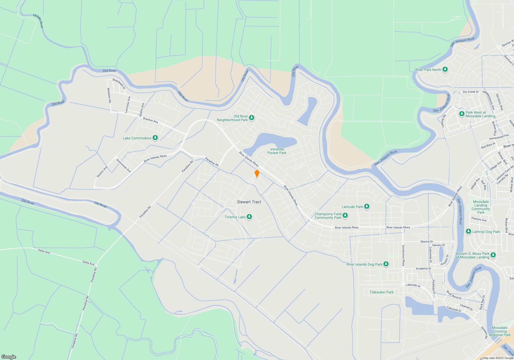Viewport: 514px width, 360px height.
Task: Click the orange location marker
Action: tap(257, 173)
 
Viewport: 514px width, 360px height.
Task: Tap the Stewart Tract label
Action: tap(249, 202)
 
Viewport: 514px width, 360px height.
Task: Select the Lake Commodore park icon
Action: tap(155, 138)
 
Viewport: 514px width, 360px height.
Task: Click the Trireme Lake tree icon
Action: tap(249, 217)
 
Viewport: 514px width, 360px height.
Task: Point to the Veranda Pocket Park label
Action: tap(277, 151)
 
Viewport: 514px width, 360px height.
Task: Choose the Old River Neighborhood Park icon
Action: tap(252, 118)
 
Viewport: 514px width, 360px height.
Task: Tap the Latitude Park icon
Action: tap(367, 206)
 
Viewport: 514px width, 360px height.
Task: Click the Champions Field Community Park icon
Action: tap(345, 215)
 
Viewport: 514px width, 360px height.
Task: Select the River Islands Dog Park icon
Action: tap(386, 264)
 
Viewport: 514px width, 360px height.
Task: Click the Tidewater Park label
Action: tap(381, 292)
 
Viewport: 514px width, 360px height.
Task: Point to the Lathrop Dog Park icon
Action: tap(468, 231)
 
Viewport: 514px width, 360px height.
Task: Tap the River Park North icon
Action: tap(445, 69)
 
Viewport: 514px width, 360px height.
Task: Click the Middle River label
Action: tap(38, 21)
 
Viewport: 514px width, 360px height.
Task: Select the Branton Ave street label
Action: tap(150, 120)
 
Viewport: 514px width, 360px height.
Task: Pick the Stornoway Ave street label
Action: tap(124, 166)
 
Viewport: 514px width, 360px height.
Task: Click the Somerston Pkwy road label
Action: tap(403, 255)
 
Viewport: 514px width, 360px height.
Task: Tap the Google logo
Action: tap(8, 357)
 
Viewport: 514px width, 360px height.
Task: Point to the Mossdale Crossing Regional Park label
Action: tap(500, 331)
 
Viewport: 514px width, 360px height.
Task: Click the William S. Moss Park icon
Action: tap(493, 255)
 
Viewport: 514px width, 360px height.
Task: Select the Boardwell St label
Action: tap(119, 84)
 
